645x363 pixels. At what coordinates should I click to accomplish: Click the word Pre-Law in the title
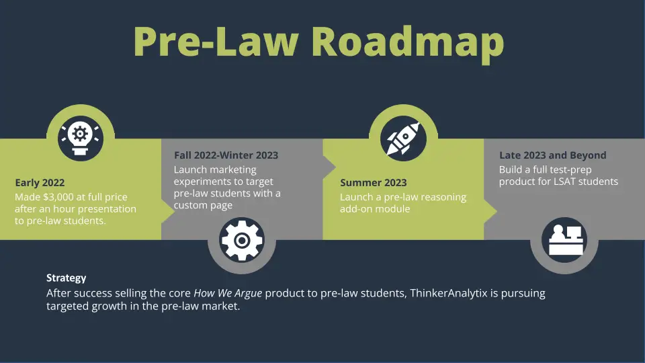tap(216, 42)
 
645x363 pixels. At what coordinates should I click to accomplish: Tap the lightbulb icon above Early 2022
tap(80, 138)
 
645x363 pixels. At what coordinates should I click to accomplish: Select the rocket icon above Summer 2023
tap(403, 138)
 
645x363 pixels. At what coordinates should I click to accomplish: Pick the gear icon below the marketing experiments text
tap(242, 240)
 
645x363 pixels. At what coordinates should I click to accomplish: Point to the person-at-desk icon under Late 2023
tap(564, 240)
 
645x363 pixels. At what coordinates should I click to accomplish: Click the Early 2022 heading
tap(40, 183)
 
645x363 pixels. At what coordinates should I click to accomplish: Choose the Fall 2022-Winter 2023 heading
tap(226, 155)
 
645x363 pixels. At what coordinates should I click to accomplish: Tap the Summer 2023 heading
tap(373, 183)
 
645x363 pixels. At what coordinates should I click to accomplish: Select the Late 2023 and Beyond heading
tap(552, 155)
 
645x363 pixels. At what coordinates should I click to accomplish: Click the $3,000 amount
tap(58, 197)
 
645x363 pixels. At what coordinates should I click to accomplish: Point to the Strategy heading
tap(67, 278)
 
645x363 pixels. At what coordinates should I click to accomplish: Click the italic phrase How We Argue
tap(228, 293)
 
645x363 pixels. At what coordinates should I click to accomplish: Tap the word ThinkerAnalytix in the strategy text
tap(448, 293)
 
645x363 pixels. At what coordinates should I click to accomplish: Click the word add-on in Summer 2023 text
tap(354, 208)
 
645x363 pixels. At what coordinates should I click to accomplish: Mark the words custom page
tap(203, 206)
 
